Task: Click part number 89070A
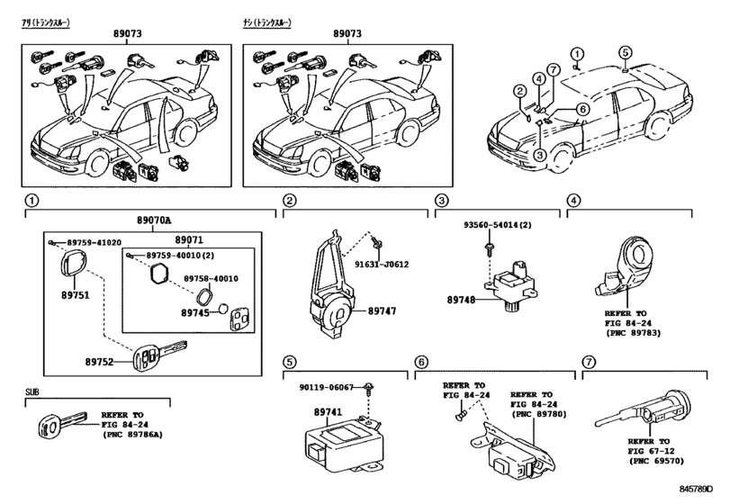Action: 154,220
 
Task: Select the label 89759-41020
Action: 94,242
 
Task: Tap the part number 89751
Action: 76,295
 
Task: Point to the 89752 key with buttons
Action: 159,356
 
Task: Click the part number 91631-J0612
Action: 382,265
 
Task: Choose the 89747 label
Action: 382,310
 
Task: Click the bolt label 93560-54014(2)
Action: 498,225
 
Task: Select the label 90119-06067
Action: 326,387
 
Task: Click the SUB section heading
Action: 32,391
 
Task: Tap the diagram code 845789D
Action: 696,489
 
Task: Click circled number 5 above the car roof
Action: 626,51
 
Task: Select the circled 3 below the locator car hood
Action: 539,155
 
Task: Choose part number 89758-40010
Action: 211,278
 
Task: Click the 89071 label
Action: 189,240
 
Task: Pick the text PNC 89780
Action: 538,414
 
